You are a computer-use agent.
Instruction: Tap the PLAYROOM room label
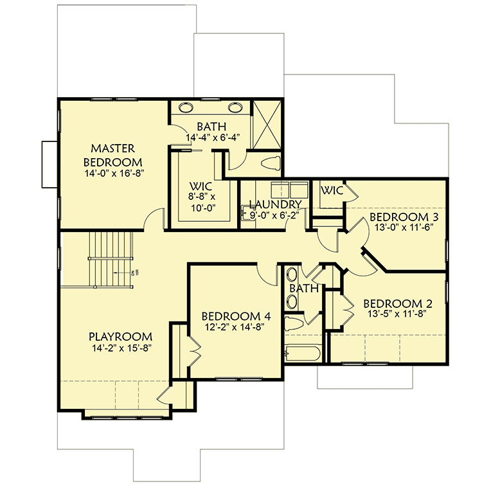(x=120, y=336)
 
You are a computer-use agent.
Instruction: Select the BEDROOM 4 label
(x=236, y=316)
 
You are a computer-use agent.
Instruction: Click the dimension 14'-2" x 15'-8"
(x=120, y=349)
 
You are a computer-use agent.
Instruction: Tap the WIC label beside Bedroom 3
(x=332, y=190)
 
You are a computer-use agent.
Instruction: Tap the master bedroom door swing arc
(x=152, y=219)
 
